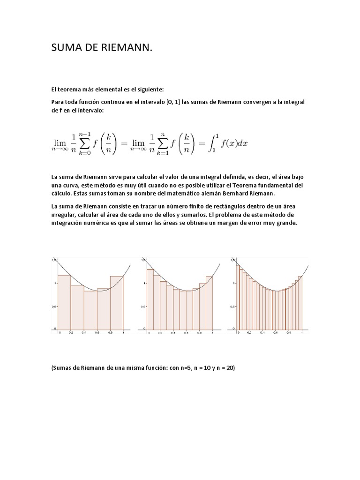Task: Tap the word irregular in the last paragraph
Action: [63, 215]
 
